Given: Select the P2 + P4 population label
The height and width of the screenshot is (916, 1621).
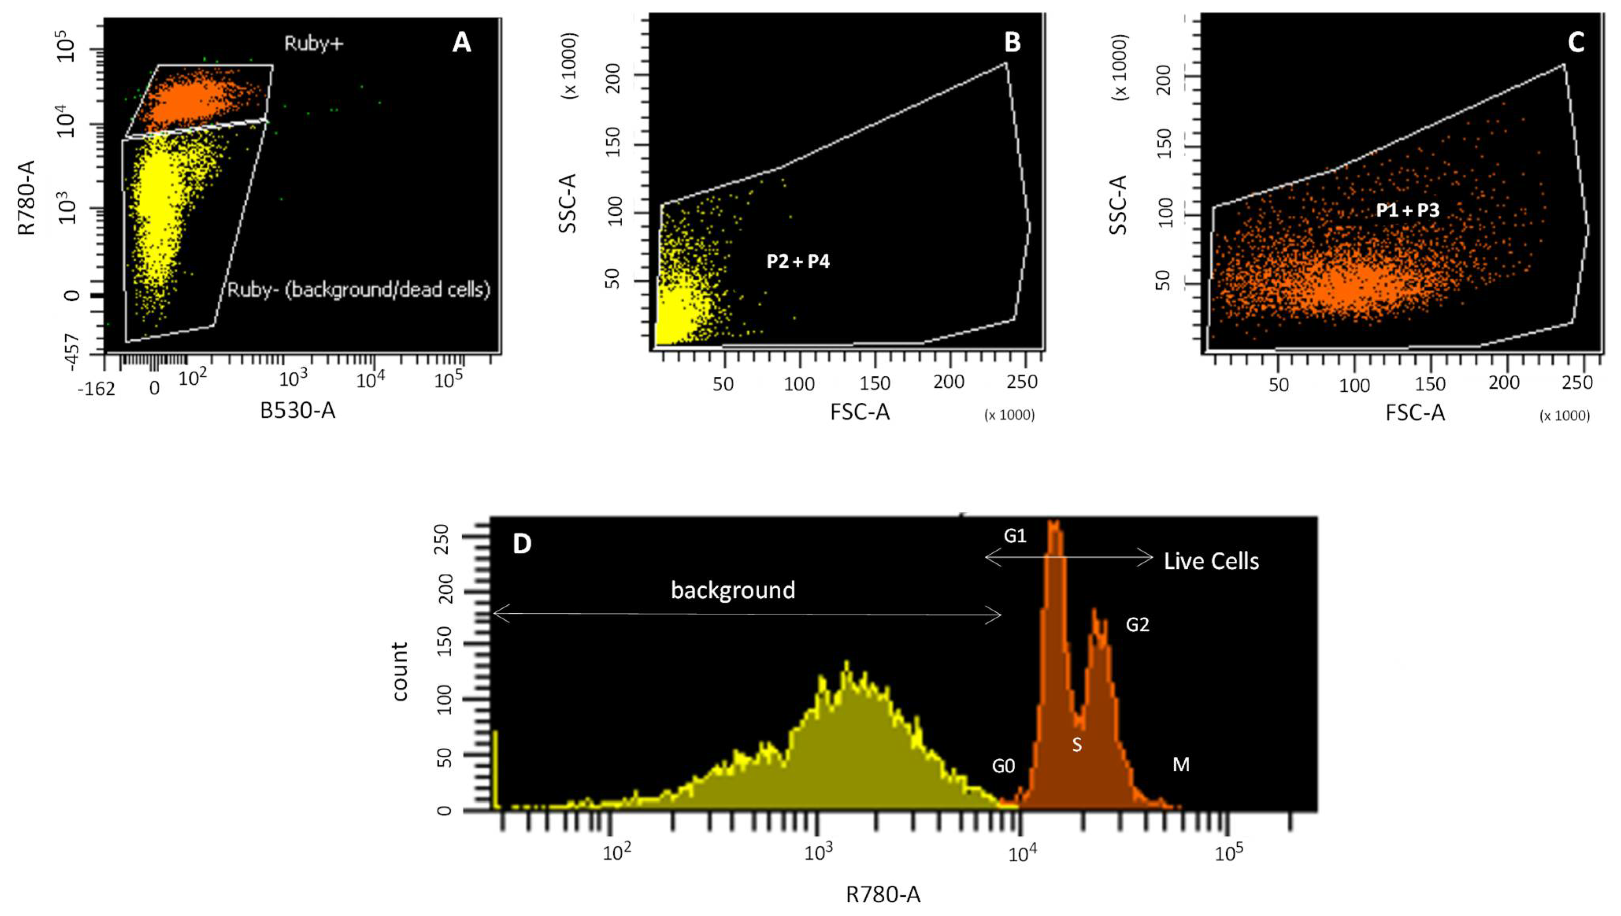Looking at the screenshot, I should [x=798, y=261].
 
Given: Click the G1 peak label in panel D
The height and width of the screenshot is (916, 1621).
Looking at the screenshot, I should [x=1015, y=536].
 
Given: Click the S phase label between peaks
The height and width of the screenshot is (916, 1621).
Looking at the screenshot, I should [x=1077, y=745].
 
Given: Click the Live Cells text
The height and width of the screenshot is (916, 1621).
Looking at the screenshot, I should [x=1211, y=561].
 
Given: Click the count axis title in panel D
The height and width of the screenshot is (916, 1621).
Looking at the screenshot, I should [x=400, y=671].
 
